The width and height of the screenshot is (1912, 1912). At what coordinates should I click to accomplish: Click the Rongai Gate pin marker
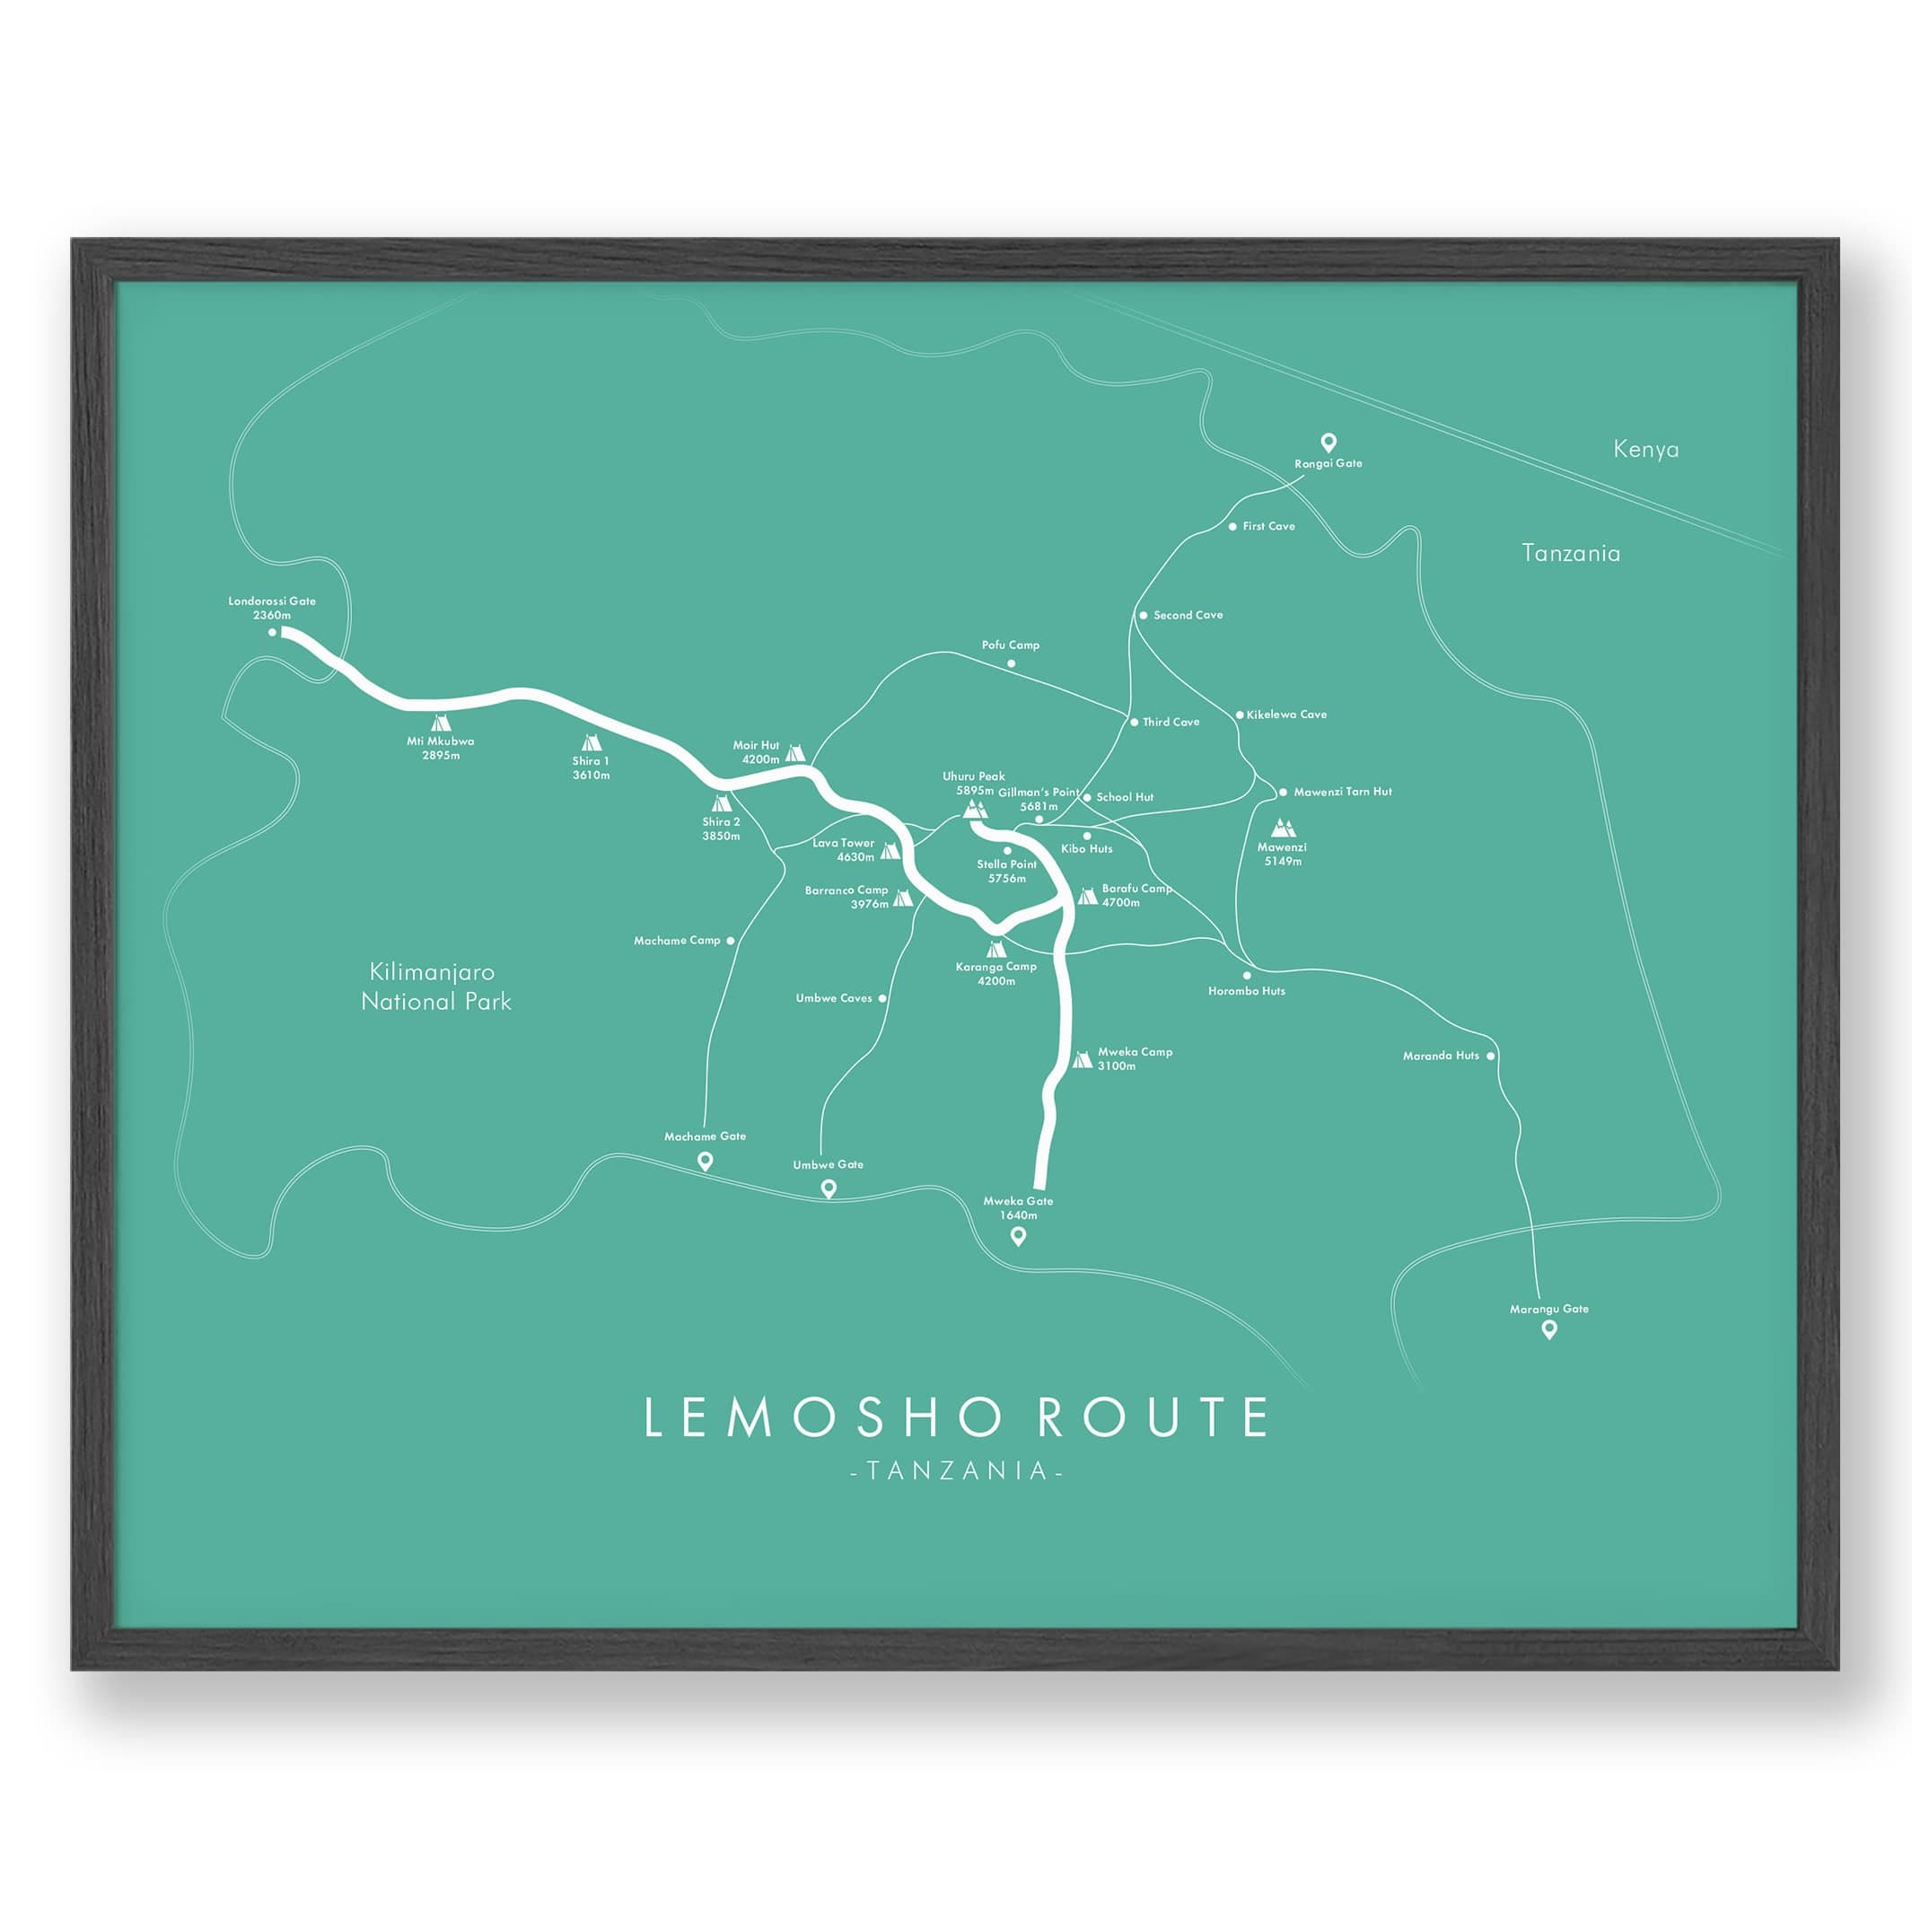(x=1329, y=443)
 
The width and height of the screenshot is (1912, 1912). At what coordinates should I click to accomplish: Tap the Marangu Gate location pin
(x=1548, y=1330)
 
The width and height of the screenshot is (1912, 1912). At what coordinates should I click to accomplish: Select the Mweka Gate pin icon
(x=1017, y=1235)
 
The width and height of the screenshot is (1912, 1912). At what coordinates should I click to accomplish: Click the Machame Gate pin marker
(x=705, y=1161)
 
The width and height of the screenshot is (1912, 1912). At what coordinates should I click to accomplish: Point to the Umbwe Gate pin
(x=829, y=1189)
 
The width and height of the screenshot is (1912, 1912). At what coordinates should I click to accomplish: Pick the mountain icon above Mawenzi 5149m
(x=1283, y=827)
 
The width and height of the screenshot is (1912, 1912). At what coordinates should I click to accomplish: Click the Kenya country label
(x=1644, y=450)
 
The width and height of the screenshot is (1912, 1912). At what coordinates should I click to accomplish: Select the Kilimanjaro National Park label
(x=435, y=987)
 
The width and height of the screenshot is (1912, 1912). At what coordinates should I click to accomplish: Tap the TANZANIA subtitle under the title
(x=956, y=1470)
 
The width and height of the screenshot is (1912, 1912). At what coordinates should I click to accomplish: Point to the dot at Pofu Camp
(x=1011, y=663)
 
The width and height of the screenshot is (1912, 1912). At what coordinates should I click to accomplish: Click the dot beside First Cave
(x=1232, y=527)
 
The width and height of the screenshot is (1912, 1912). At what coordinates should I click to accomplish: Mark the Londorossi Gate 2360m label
(x=272, y=608)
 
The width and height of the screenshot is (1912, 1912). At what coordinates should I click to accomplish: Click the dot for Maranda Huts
(x=1490, y=1056)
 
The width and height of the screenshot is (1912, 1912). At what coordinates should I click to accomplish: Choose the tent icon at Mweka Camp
(x=1083, y=1060)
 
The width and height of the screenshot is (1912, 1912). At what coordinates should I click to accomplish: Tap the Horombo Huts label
(x=1246, y=991)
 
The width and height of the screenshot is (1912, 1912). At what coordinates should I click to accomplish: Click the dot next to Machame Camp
(x=731, y=941)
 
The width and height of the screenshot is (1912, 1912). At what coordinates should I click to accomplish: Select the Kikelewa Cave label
(x=1285, y=714)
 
